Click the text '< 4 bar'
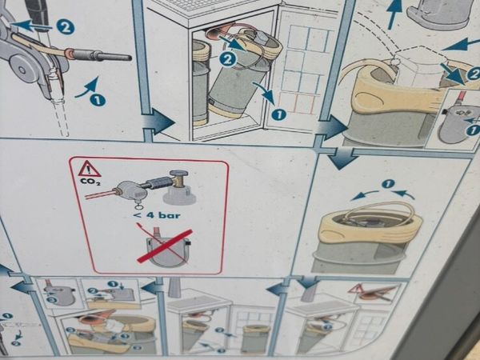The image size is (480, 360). pyautogui.click(x=157, y=215)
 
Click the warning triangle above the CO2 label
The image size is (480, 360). pyautogui.click(x=90, y=168)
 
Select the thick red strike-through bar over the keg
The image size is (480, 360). pyautogui.click(x=165, y=246)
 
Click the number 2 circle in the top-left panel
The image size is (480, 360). pyautogui.click(x=66, y=27)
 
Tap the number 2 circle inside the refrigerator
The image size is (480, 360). pyautogui.click(x=227, y=60)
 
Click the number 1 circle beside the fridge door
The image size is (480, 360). pyautogui.click(x=279, y=114)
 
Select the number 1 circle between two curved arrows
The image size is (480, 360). pyautogui.click(x=388, y=184)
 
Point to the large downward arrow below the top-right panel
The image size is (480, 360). pyautogui.click(x=343, y=158)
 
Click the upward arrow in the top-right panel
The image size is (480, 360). pyautogui.click(x=394, y=14)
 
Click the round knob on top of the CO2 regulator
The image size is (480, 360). pyautogui.click(x=179, y=174)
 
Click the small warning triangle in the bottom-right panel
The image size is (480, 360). pyautogui.click(x=355, y=290)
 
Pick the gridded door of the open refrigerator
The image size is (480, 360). pyautogui.click(x=302, y=69)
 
